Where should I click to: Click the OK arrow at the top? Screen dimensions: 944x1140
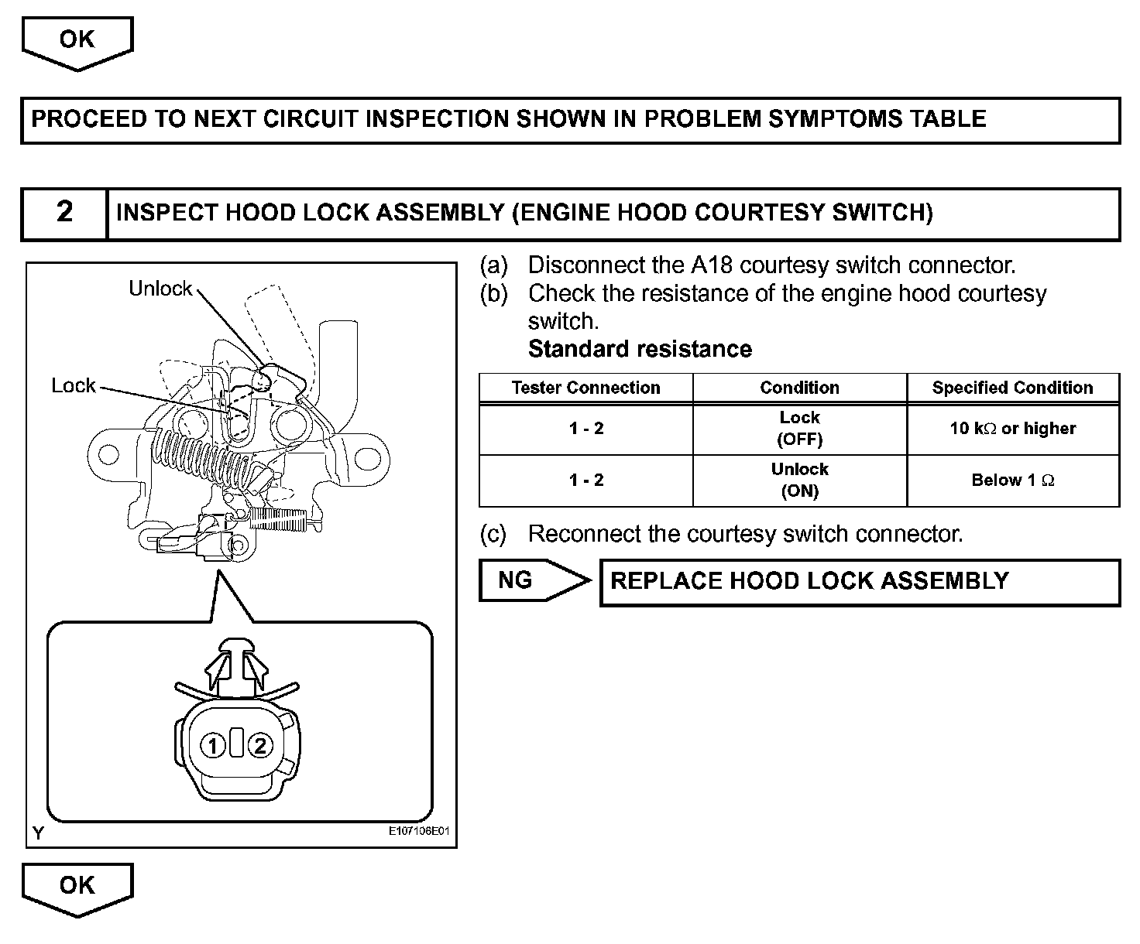[x=77, y=40]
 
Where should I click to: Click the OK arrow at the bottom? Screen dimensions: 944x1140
[x=77, y=886]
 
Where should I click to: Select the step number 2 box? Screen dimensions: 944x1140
[x=64, y=213]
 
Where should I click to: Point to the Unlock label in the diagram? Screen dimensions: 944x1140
[x=160, y=289]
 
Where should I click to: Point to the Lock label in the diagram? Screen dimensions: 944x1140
[x=74, y=385]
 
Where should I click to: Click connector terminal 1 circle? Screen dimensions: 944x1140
[x=213, y=745]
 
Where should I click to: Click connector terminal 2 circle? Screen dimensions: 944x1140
[x=260, y=745]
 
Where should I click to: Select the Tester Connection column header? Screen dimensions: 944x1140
[x=586, y=388]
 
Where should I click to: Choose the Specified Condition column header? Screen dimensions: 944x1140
[x=1012, y=388]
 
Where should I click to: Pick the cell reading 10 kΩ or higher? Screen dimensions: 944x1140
[x=1012, y=429]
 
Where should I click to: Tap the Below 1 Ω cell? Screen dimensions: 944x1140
[x=1012, y=481]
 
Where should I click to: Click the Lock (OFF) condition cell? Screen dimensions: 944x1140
[x=799, y=429]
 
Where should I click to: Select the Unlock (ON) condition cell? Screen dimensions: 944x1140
[x=799, y=481]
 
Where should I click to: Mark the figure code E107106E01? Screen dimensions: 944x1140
[x=419, y=832]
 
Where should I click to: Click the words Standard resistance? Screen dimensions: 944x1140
[x=640, y=349]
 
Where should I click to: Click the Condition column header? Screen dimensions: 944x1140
[x=799, y=388]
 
